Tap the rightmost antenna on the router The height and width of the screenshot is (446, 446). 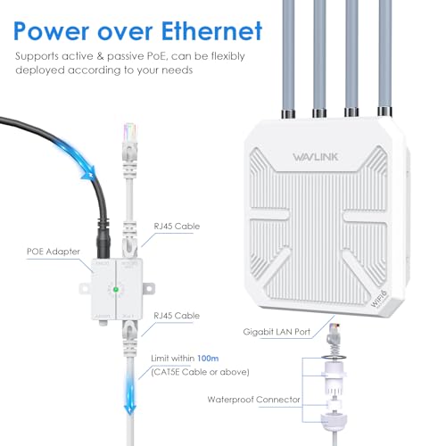pos(384,54)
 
